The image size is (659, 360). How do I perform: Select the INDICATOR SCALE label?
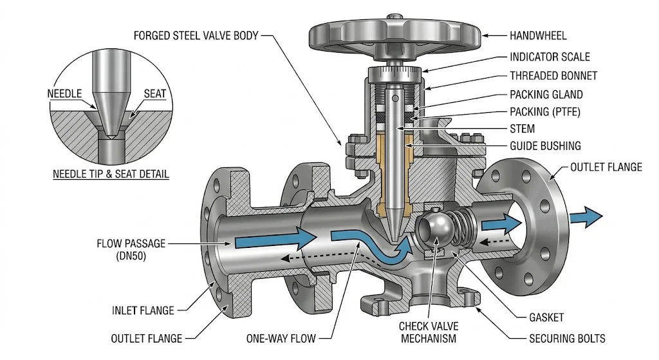pyautogui.click(x=550, y=57)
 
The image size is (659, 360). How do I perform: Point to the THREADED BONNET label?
pyautogui.click(x=553, y=75)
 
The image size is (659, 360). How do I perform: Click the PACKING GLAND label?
pyautogui.click(x=546, y=94)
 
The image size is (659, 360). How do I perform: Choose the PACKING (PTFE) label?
pyautogui.click(x=545, y=111)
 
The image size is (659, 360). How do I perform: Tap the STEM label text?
pyautogui.click(x=522, y=129)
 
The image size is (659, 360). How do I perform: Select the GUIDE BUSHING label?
pyautogui.click(x=545, y=146)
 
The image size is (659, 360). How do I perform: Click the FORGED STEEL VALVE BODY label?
pyautogui.click(x=196, y=35)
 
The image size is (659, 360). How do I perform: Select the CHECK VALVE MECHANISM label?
pyautogui.click(x=427, y=332)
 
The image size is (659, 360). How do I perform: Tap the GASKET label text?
pyautogui.click(x=546, y=317)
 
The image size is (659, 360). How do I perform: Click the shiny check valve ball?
pyautogui.click(x=432, y=231)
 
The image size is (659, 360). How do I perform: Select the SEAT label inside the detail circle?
pyautogui.click(x=154, y=94)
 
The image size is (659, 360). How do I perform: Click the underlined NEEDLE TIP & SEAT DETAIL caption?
pyautogui.click(x=111, y=174)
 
